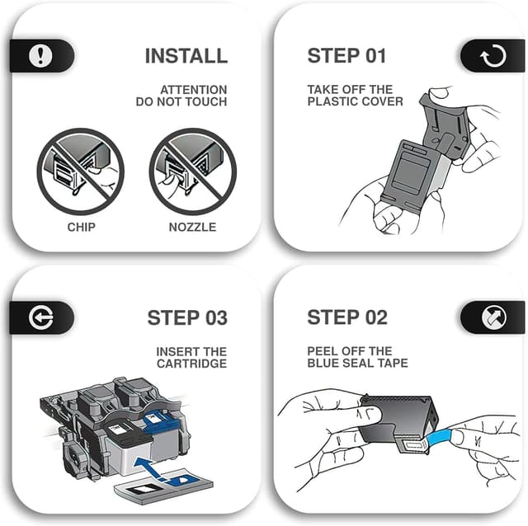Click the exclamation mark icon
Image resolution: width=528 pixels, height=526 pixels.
40,55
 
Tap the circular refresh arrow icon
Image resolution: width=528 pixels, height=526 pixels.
493,56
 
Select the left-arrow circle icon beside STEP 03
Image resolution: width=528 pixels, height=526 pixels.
40,317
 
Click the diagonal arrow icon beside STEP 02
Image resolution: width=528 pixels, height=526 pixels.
493,317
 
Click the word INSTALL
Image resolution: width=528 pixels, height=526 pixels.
186,56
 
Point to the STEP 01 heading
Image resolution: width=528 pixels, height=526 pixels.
346,56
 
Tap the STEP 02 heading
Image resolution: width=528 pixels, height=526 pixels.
347,317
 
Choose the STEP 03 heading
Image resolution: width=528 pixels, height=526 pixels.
187,317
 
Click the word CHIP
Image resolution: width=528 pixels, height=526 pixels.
81,228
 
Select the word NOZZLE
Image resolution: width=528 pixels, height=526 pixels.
192,228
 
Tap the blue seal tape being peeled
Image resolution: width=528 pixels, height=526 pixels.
441,437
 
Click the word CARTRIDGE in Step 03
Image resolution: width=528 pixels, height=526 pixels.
192,364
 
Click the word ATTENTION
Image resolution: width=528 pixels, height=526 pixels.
194,90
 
